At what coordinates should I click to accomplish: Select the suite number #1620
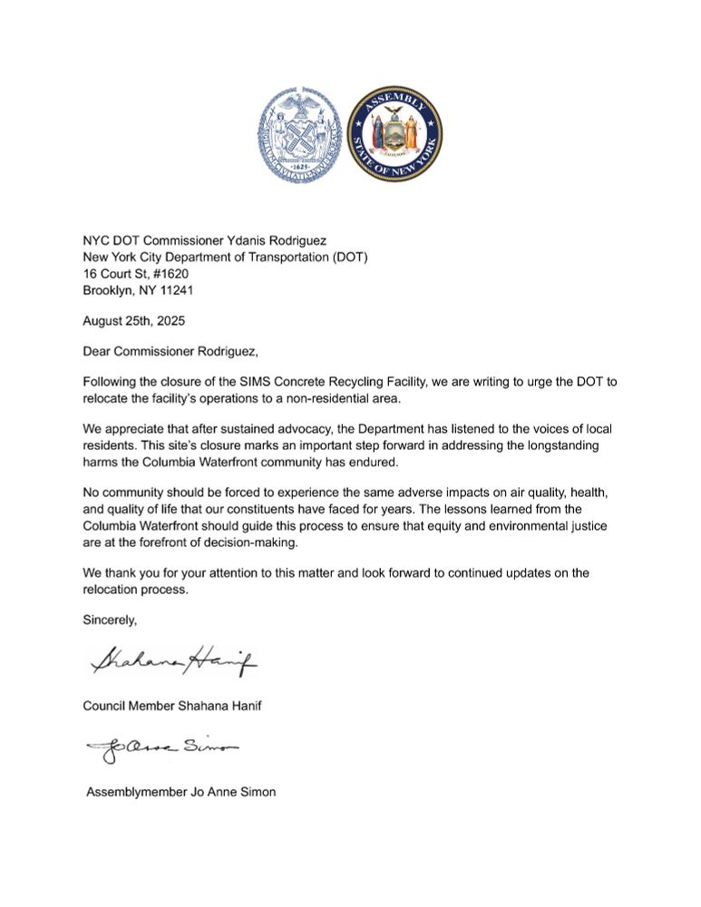167,273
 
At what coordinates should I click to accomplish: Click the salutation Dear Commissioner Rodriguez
176,352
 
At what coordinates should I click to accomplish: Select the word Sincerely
112,620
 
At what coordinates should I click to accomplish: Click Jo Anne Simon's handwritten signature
161,750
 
